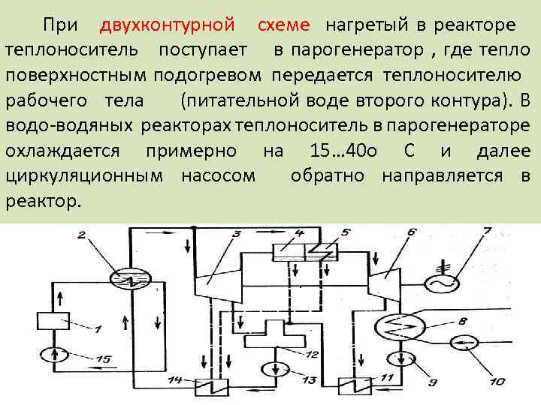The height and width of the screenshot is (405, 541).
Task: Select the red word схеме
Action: click(283, 25)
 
